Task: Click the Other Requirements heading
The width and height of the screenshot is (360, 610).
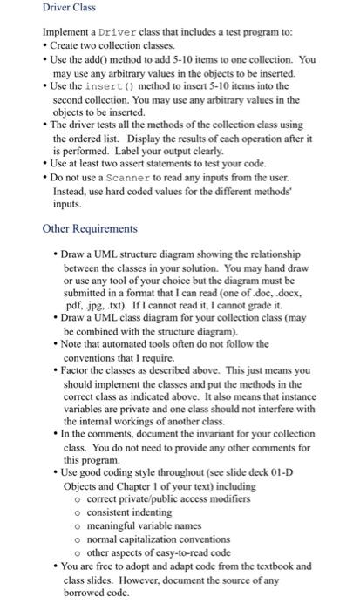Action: [90, 228]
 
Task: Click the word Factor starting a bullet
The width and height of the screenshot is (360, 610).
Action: [77, 369]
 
